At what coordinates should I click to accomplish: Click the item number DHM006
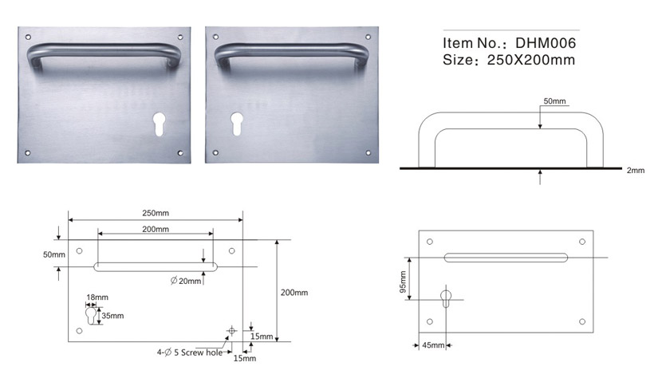click(546, 43)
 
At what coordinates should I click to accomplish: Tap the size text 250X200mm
click(530, 60)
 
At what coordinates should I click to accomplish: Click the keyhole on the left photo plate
click(159, 124)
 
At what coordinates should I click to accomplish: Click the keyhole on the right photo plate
click(236, 124)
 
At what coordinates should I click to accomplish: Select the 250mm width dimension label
click(156, 213)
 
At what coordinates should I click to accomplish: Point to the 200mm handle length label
click(156, 229)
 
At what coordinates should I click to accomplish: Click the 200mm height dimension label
click(294, 293)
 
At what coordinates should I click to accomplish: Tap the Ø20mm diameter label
click(186, 281)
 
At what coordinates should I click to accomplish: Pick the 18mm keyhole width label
click(97, 297)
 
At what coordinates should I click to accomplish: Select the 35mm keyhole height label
click(112, 316)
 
